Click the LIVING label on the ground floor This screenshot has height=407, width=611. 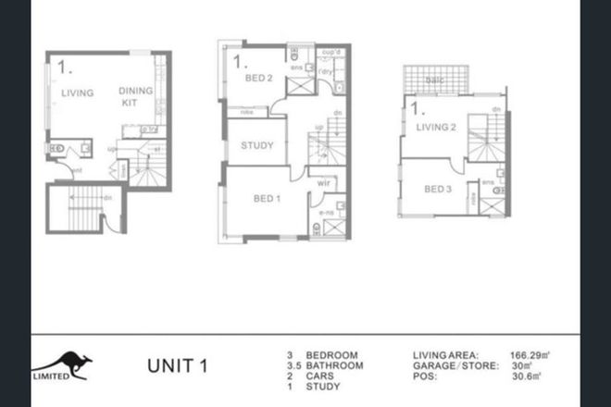(x=79, y=93)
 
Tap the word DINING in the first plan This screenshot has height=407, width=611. (x=134, y=90)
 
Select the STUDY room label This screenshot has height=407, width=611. (x=256, y=146)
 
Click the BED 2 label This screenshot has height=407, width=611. (x=257, y=78)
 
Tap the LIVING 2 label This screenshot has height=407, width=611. (x=437, y=127)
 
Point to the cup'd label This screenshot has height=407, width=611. (x=330, y=52)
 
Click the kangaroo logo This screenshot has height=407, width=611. (x=64, y=364)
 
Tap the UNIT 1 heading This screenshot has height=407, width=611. (x=177, y=364)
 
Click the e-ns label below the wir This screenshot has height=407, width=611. (x=326, y=212)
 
